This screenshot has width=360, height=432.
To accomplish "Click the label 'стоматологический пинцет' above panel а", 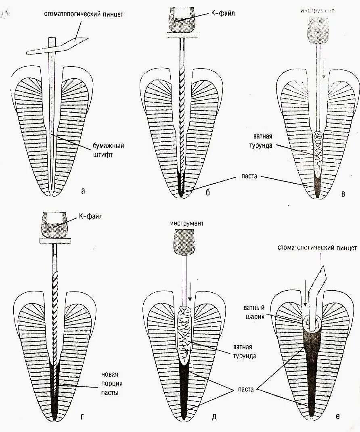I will pos(84,15).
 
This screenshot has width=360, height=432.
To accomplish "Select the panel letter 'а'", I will pos(83,191).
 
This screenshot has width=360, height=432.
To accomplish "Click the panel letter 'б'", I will pos(207,192).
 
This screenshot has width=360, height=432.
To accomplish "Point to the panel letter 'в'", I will pos(343,194).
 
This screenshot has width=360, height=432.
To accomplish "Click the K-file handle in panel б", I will pos(182,20).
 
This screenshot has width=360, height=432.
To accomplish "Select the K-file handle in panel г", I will pos(55,224).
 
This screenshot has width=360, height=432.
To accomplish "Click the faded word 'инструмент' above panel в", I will pos(317,10).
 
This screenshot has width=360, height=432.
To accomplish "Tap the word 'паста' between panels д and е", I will pos(245,389).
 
